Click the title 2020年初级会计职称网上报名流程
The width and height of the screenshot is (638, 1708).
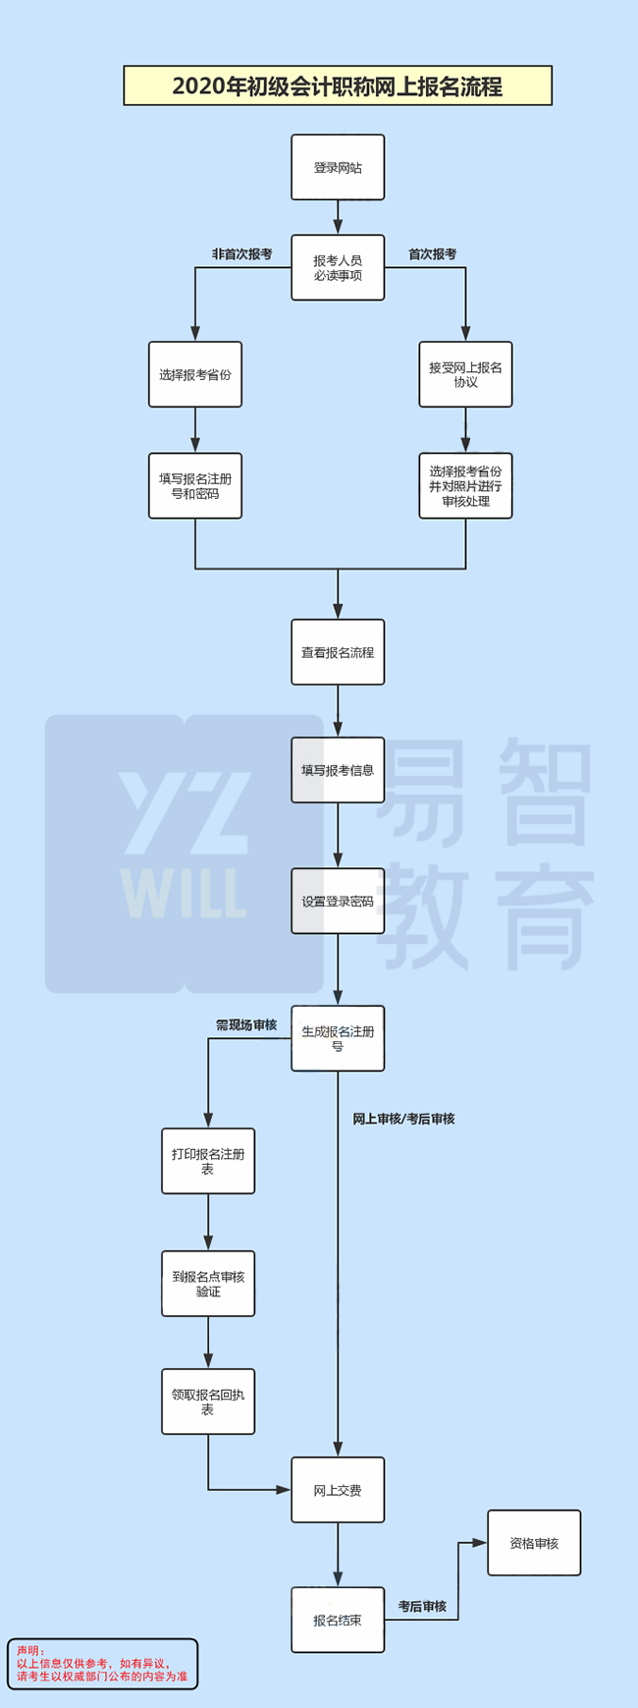338,86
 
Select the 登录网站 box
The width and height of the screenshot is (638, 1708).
338,168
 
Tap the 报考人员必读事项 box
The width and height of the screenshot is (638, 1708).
338,268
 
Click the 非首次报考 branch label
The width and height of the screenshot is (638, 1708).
241,254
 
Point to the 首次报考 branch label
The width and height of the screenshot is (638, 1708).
432,254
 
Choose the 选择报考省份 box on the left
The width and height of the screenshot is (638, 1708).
195,374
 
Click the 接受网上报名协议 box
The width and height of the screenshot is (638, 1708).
465,374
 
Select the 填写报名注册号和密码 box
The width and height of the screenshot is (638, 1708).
195,486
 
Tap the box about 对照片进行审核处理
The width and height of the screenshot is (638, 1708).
465,486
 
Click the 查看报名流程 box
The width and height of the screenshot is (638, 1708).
338,652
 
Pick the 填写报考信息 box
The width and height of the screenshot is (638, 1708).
338,770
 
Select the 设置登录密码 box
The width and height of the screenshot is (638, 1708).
338,901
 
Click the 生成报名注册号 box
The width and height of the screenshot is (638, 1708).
338,1038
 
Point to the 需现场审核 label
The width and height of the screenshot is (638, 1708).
246,1024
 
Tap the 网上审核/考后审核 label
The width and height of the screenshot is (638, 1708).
403,1119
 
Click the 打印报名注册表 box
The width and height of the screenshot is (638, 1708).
208,1161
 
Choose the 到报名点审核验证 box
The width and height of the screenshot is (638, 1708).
208,1284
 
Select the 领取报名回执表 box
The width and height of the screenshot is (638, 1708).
208,1402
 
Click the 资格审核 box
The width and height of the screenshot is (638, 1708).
534,1543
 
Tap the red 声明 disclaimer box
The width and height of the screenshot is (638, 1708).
102,1664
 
